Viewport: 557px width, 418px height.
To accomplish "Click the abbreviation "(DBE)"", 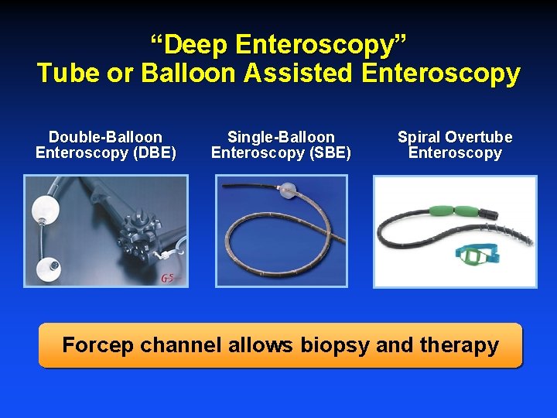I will [x=155, y=152].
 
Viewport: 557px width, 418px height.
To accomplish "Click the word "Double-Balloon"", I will [x=105, y=137].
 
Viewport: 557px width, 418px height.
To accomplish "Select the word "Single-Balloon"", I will [x=281, y=137].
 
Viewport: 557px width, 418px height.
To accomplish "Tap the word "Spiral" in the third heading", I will [x=419, y=137].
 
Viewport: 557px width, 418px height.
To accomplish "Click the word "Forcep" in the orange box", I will [x=98, y=344].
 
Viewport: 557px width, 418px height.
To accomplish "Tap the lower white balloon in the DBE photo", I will [x=52, y=266].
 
